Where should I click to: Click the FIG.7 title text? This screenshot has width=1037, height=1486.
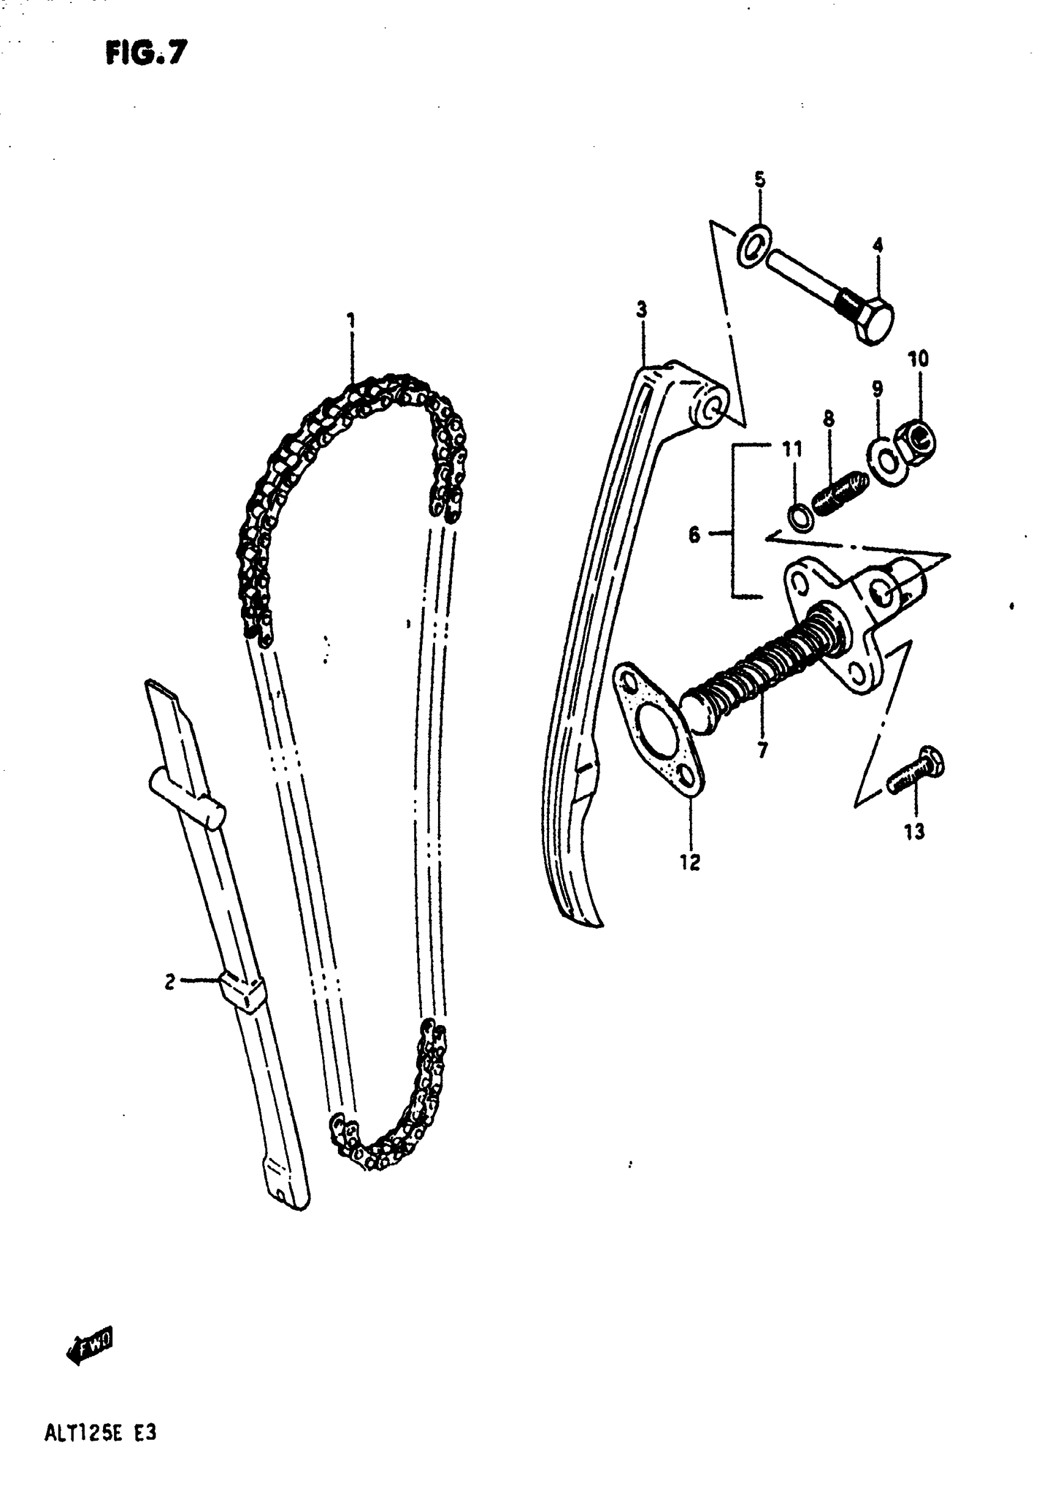[146, 53]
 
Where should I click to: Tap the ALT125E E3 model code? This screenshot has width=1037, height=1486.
[100, 1433]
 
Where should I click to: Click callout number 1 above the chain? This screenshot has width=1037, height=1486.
[351, 320]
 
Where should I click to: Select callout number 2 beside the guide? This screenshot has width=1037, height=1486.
[170, 981]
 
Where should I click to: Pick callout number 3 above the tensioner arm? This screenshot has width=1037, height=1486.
[642, 309]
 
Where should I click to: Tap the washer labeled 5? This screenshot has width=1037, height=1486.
[754, 245]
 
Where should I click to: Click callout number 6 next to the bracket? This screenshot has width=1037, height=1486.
[694, 535]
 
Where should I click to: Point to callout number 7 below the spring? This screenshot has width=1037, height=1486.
[762, 750]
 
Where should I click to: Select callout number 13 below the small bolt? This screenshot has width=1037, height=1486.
[914, 832]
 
